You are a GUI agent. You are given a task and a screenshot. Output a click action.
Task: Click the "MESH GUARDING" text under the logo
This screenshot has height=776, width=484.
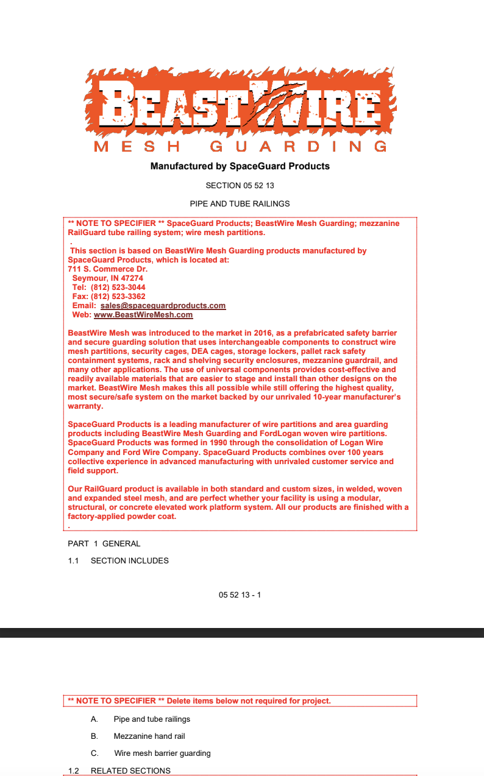[241, 146]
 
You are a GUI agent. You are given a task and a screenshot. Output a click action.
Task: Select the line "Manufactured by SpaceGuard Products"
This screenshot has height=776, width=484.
[240, 166]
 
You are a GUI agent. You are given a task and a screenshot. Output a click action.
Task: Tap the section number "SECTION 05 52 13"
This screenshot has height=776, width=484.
[240, 185]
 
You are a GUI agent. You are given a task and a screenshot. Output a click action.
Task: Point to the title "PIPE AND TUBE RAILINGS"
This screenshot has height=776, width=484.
[240, 203]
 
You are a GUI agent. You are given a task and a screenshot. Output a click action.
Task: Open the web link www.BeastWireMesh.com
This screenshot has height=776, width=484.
[143, 315]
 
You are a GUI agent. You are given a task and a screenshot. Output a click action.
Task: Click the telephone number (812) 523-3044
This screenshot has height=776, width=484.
[118, 287]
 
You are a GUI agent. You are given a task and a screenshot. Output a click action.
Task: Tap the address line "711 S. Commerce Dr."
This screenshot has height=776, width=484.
[108, 269]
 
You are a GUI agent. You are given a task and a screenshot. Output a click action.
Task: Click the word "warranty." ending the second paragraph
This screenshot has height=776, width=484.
[85, 406]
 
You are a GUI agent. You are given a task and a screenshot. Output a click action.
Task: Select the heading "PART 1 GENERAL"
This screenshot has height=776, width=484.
[104, 543]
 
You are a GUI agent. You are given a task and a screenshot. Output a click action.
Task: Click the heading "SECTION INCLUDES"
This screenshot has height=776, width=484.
[129, 560]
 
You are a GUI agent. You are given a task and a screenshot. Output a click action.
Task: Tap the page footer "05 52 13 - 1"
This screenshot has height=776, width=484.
[240, 594]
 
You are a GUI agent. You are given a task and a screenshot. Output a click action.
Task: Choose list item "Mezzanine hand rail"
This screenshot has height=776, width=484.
[149, 736]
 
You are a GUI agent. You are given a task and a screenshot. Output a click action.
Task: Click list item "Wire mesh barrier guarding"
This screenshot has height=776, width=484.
[162, 753]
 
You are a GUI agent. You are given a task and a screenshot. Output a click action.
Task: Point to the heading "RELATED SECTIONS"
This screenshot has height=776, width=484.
[130, 771]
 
